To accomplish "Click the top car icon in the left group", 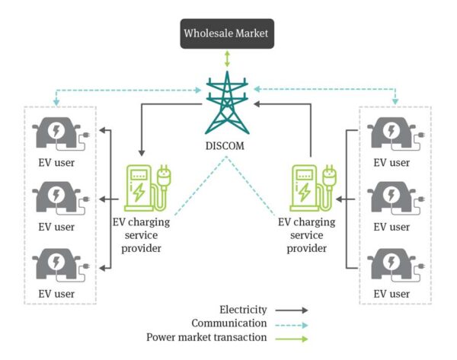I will (58, 134).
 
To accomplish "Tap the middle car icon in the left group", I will (58, 198).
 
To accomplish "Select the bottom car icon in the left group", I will (58, 263).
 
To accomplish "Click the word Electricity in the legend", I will (243, 310).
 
